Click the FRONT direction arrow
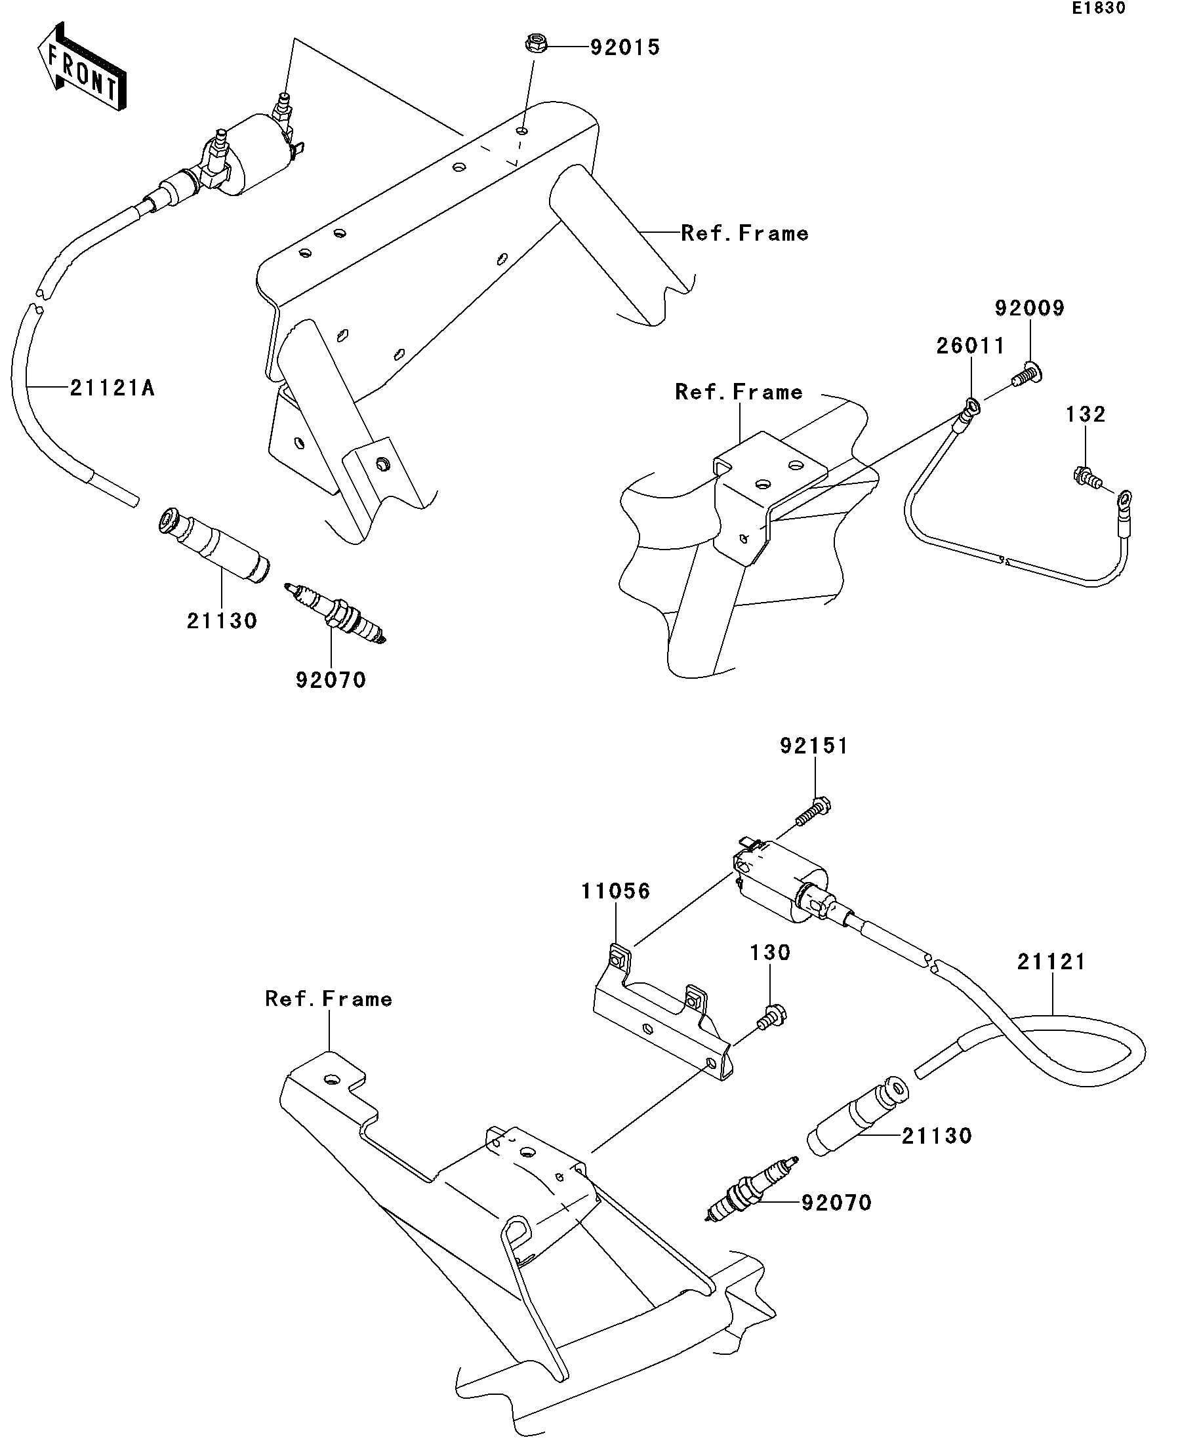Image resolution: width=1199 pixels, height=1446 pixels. pyautogui.click(x=81, y=66)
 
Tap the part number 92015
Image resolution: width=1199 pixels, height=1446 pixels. pyautogui.click(x=625, y=47)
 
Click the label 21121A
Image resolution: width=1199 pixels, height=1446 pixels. pyautogui.click(x=112, y=388)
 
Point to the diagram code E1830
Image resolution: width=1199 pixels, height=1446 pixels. pyautogui.click(x=1099, y=9)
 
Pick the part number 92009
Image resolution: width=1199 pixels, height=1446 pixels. pyautogui.click(x=1030, y=308)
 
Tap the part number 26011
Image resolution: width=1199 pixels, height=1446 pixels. pyautogui.click(x=970, y=346)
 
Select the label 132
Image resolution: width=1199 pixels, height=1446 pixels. pyautogui.click(x=1086, y=414)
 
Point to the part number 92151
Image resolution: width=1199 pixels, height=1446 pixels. pyautogui.click(x=814, y=746)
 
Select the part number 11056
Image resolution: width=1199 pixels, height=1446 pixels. pyautogui.click(x=616, y=891)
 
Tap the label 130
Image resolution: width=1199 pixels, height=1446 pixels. pyautogui.click(x=770, y=952)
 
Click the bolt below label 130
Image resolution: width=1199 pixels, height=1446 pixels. pyautogui.click(x=772, y=1017)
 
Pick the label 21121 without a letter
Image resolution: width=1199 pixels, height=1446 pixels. pyautogui.click(x=1051, y=962)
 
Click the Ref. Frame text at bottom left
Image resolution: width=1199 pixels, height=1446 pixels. pyautogui.click(x=329, y=999)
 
